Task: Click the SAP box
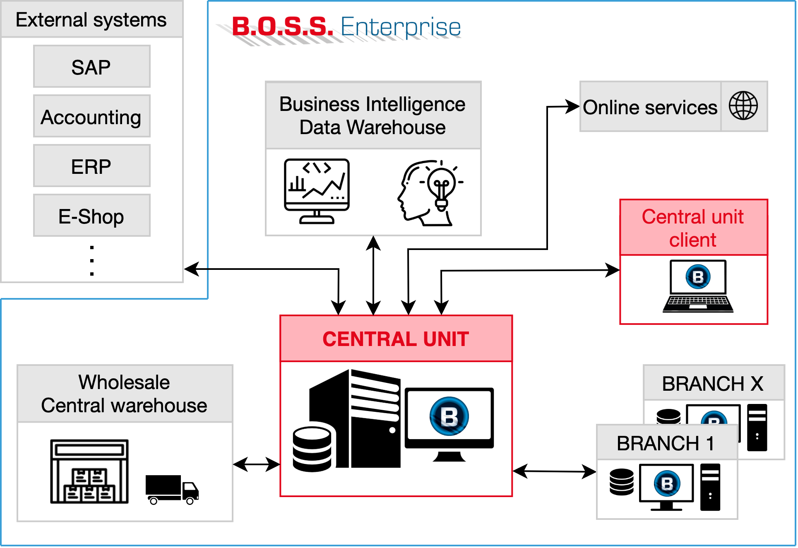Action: pyautogui.click(x=91, y=67)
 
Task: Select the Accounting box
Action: pyautogui.click(x=91, y=116)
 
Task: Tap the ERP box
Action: pyautogui.click(x=91, y=166)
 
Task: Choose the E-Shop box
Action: pyautogui.click(x=91, y=216)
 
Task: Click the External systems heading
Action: pyautogui.click(x=91, y=19)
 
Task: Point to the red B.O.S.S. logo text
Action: pyautogui.click(x=281, y=26)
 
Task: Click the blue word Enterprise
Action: pyautogui.click(x=401, y=26)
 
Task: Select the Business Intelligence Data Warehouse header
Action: pyautogui.click(x=373, y=115)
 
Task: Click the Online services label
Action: pyautogui.click(x=650, y=107)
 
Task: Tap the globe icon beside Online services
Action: pyautogui.click(x=743, y=106)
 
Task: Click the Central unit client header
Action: pyautogui.click(x=693, y=228)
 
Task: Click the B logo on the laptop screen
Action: pyautogui.click(x=698, y=276)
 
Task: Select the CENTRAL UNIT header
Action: pyautogui.click(x=396, y=339)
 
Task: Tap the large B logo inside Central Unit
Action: pyautogui.click(x=449, y=416)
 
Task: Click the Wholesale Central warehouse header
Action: pyautogui.click(x=124, y=394)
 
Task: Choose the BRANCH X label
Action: pyautogui.click(x=713, y=383)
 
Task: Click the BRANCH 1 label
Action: pyautogui.click(x=666, y=443)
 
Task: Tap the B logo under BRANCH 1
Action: pyautogui.click(x=667, y=483)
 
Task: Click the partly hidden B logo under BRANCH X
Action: pyautogui.click(x=714, y=418)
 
